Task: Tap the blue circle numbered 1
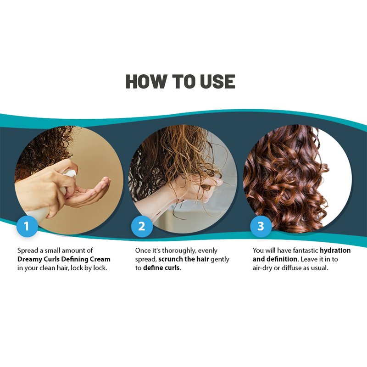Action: (27, 226)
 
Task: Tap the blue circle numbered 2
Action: (142, 226)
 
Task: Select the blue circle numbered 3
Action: (261, 226)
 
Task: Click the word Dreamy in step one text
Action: (30, 259)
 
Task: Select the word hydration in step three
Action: (335, 250)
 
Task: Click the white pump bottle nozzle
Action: (70, 174)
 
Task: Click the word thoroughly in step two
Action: (179, 250)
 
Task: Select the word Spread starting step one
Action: (28, 250)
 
